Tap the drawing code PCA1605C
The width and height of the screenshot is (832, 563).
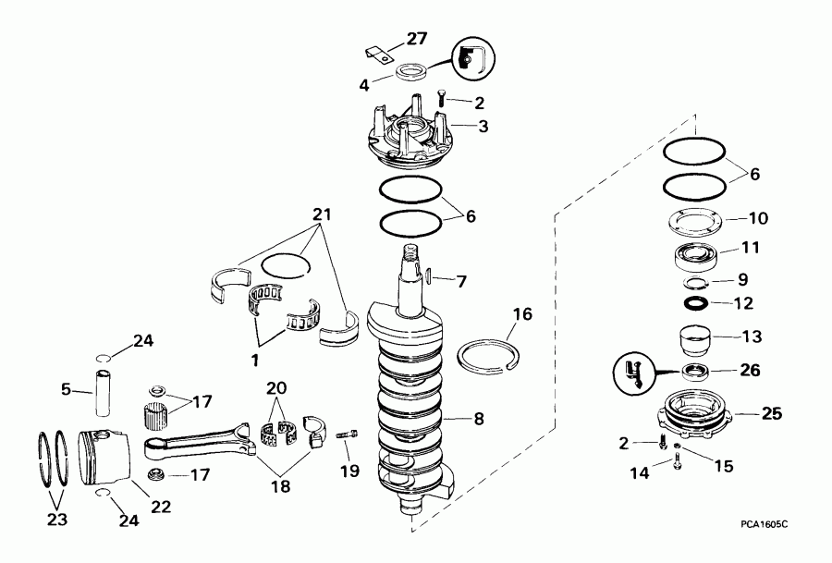click(765, 524)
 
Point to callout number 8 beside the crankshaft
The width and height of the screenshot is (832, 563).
click(478, 418)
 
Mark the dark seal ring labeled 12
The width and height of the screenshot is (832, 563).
click(696, 302)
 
